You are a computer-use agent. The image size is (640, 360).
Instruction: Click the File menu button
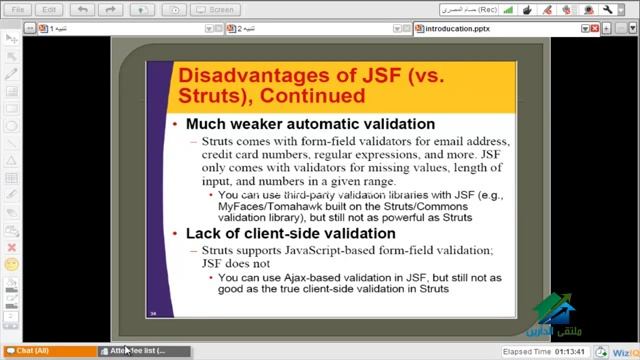click(18, 10)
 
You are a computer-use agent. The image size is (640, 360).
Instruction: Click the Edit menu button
click(49, 10)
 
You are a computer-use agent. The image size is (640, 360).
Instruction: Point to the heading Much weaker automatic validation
click(310, 124)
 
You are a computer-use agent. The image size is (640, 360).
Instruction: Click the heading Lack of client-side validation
click(292, 233)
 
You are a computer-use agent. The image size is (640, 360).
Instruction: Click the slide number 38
click(153, 312)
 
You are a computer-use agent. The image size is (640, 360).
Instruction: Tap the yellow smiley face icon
click(11, 265)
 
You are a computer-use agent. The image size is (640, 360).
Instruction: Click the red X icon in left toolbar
click(11, 247)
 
